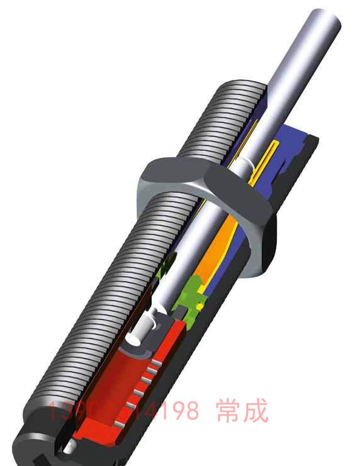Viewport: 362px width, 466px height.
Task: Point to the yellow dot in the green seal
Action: coord(200,306)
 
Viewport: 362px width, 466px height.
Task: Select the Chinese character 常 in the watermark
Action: coord(225,412)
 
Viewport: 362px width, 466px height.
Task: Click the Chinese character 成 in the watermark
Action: coord(256,412)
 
